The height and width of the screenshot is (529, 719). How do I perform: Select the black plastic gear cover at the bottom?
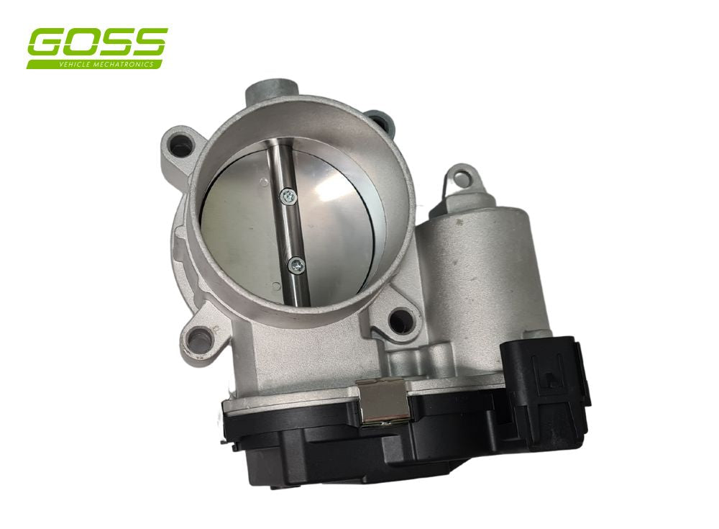[359, 461]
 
